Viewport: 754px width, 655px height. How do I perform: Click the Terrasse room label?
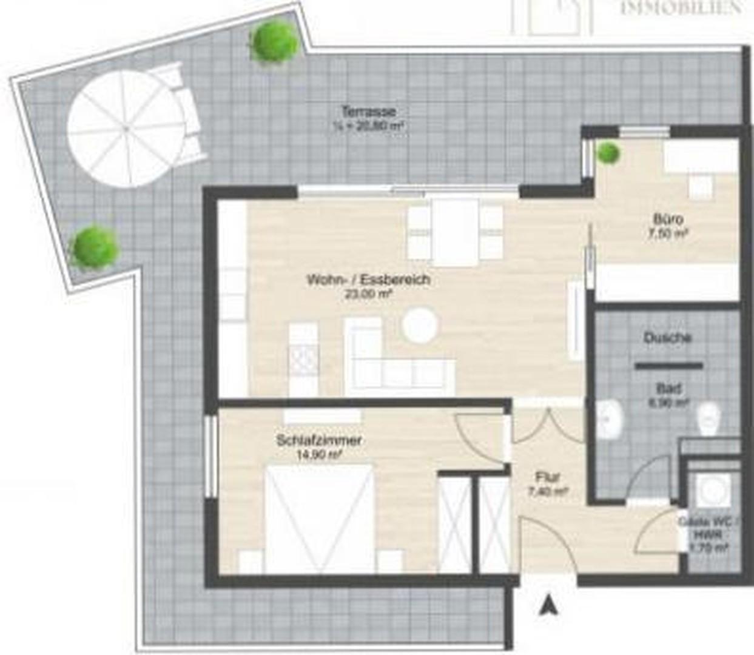tap(368, 112)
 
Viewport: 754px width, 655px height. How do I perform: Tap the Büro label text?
tap(668, 219)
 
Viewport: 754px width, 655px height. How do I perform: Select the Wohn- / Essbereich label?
tap(368, 280)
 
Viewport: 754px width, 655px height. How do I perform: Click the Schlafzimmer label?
tap(319, 440)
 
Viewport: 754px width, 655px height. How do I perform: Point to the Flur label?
tap(547, 477)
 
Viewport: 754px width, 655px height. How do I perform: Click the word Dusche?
tap(667, 338)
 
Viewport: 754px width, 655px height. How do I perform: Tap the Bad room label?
tap(668, 388)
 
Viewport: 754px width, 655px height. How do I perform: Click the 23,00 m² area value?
tap(368, 294)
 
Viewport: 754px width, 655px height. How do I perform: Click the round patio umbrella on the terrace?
tap(126, 129)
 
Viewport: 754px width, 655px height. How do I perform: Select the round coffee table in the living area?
tap(420, 326)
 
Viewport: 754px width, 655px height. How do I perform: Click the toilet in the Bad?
tap(709, 418)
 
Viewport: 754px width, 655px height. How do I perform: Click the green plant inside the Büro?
tap(607, 153)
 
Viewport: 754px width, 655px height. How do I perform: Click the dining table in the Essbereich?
tap(456, 232)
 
